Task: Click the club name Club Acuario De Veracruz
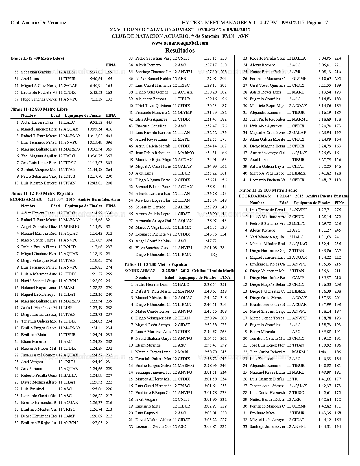click(x=38, y=23)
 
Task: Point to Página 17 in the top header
click(x=317, y=23)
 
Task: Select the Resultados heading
click(x=180, y=51)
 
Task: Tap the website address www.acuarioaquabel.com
click(x=180, y=43)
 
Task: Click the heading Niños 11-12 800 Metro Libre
click(x=39, y=109)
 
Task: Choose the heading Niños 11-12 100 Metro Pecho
click(x=268, y=190)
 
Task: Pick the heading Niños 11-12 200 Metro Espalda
click(x=156, y=264)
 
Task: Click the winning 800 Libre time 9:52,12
click(x=96, y=122)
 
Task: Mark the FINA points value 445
click(x=109, y=122)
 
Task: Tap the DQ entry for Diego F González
click(x=213, y=254)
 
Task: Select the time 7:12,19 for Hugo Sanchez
click(x=96, y=99)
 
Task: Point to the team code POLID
click(x=69, y=247)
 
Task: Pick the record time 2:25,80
click(x=169, y=270)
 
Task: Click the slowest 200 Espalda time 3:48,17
click(x=325, y=180)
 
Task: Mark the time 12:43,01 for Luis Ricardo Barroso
click(x=95, y=183)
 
